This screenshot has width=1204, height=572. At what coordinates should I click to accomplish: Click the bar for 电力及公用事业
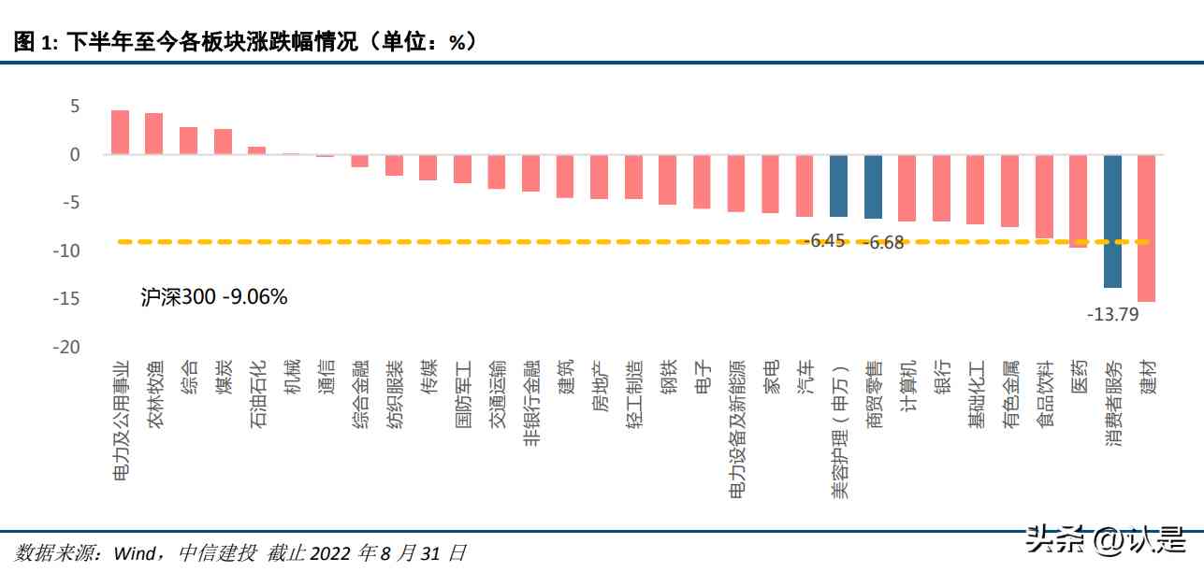pyautogui.click(x=120, y=132)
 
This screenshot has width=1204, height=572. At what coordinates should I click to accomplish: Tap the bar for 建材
pyautogui.click(x=1146, y=228)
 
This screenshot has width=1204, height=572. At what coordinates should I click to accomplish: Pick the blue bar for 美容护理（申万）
pyautogui.click(x=838, y=185)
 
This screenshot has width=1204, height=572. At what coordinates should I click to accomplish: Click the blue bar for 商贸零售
pyautogui.click(x=873, y=186)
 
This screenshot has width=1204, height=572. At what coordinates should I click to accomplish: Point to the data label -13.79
pyautogui.click(x=1112, y=315)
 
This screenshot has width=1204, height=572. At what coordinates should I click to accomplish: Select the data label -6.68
pyautogui.click(x=882, y=244)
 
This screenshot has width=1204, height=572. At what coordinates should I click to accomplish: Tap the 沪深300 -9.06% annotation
pyautogui.click(x=213, y=298)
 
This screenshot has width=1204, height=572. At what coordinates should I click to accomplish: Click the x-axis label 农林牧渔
pyautogui.click(x=154, y=396)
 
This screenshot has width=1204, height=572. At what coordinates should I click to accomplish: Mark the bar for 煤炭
pyautogui.click(x=223, y=141)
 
